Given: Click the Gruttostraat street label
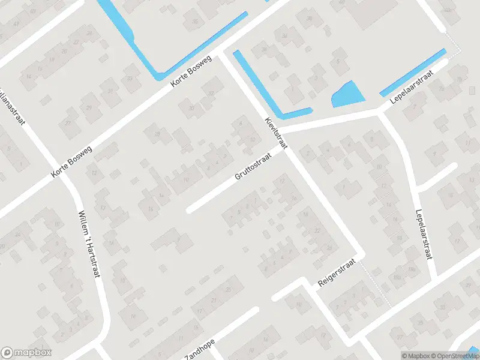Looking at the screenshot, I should pos(253,166).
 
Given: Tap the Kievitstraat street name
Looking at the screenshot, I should pos(276,133).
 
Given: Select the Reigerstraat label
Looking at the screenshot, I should pos(337,273).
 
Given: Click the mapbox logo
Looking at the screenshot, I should pos(26,353).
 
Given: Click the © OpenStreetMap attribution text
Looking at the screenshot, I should pos(457,356).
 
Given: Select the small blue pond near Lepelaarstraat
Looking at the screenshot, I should pos(347,96).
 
